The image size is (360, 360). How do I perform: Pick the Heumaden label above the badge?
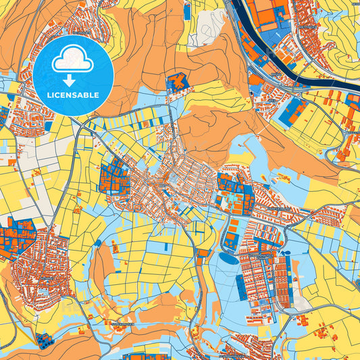click(x=81, y=31)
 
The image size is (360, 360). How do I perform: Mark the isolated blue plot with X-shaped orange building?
click(x=177, y=83)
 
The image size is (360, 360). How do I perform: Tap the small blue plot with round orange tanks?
click(x=201, y=254)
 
